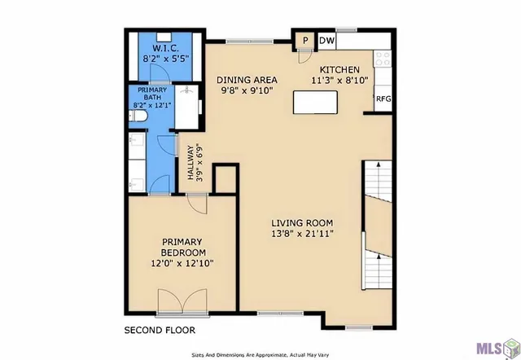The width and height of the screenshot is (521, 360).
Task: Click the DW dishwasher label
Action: coord(326,41)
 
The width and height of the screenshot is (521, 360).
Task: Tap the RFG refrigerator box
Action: coord(383,100)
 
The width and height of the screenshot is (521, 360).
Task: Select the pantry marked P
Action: coord(305,41)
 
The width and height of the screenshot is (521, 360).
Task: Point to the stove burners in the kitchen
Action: coord(383,59)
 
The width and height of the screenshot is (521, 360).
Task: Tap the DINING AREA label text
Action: coord(247,80)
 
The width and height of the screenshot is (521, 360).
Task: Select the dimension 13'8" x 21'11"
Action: coord(303,234)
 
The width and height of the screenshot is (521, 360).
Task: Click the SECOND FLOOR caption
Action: coord(159,331)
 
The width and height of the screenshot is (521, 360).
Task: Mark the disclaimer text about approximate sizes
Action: coord(260,354)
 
